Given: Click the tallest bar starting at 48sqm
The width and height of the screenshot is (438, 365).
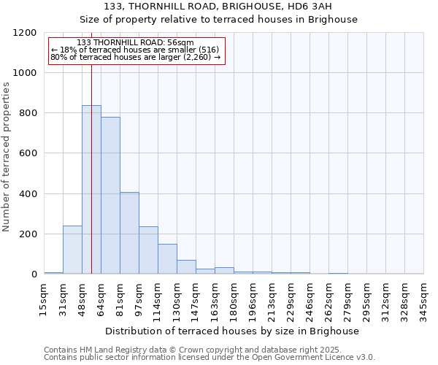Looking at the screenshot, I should [x=91, y=190].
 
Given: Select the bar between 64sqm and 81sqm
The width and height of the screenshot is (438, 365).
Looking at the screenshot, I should [x=110, y=196].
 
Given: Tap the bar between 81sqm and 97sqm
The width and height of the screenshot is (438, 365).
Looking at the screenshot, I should [x=129, y=233].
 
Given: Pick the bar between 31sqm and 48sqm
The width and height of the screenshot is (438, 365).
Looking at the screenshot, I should [x=72, y=250].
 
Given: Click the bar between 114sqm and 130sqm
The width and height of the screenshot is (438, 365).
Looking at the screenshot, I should [x=167, y=259].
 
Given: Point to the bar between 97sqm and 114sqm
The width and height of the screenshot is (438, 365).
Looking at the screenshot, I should [x=148, y=250].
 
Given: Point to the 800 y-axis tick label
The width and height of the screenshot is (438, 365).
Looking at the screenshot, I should [x=27, y=113].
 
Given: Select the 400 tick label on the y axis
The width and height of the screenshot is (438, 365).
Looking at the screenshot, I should [x=27, y=194].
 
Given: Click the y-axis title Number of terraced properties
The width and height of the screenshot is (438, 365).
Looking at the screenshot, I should [x=7, y=157].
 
